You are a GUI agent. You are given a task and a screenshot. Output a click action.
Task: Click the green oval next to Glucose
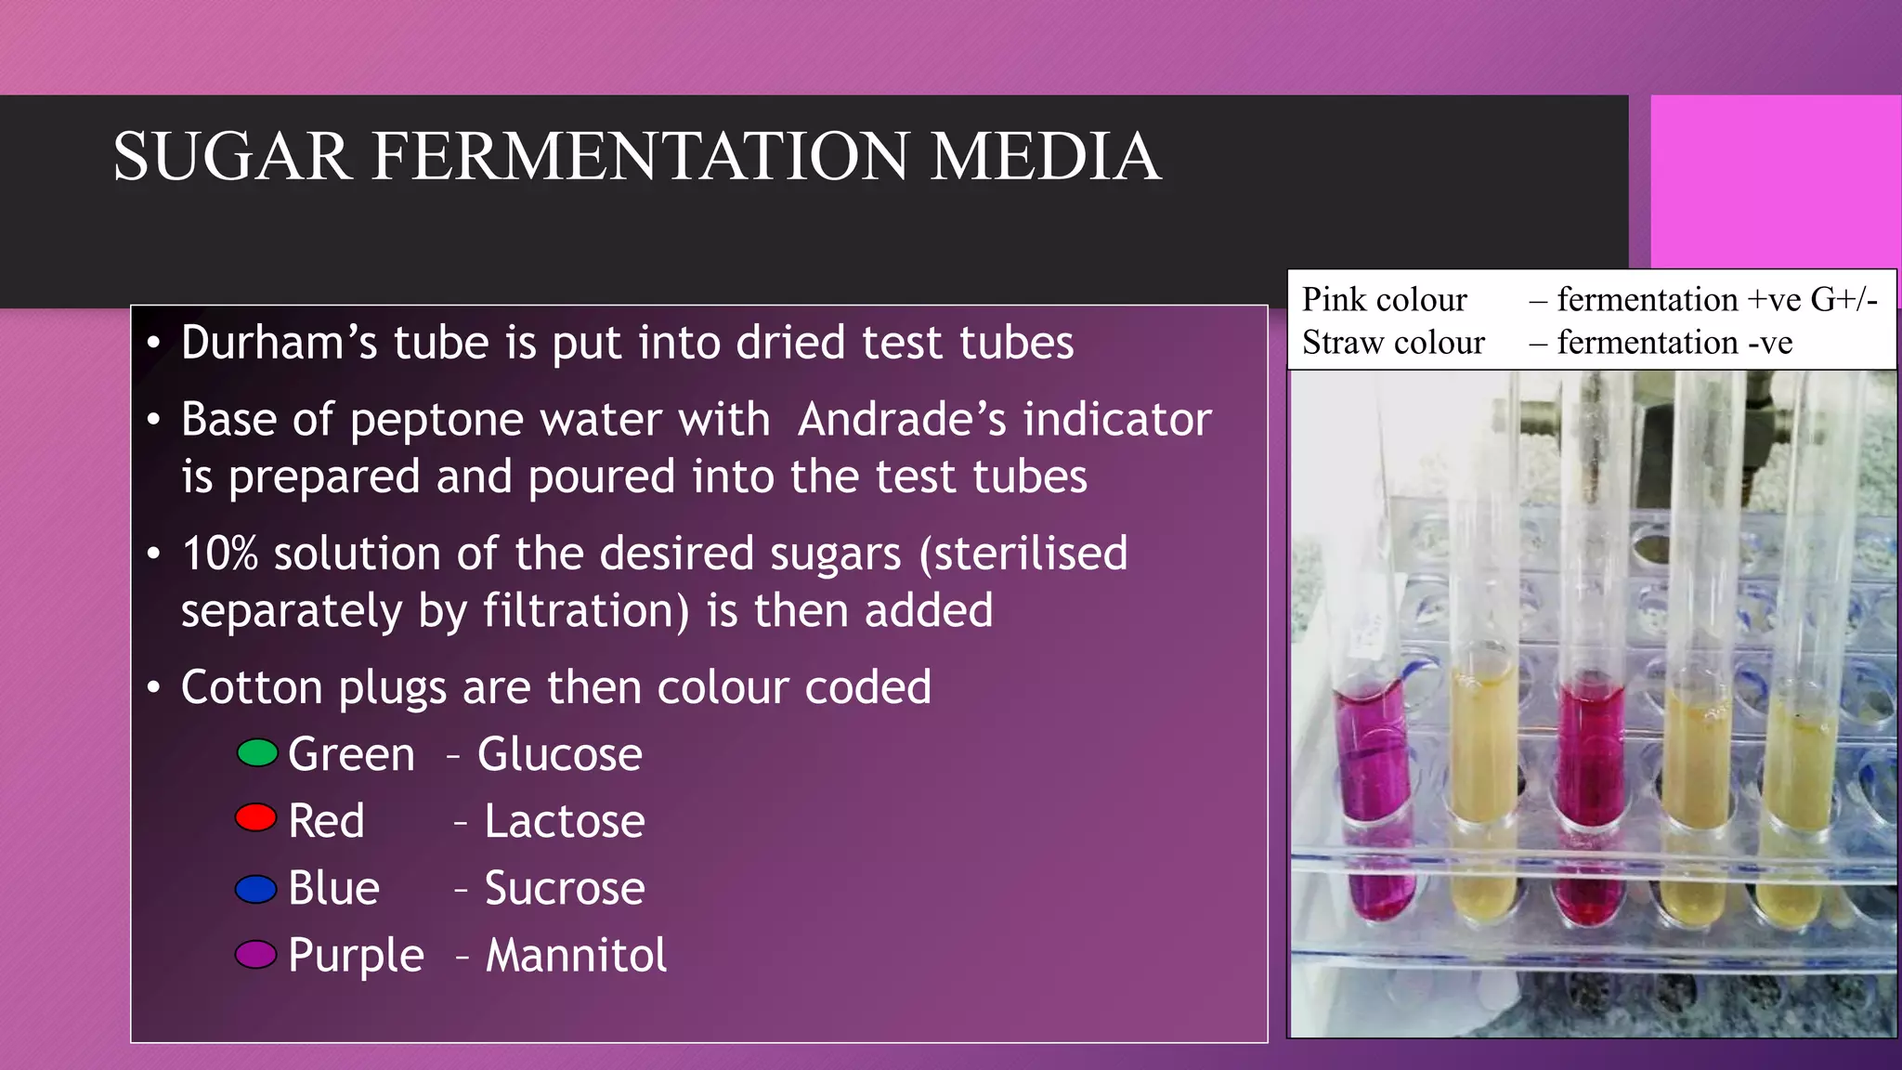pyautogui.click(x=257, y=752)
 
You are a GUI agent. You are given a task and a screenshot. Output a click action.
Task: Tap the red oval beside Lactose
pyautogui.click(x=255, y=818)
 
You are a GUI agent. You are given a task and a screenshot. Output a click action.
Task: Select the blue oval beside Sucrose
pyautogui.click(x=255, y=889)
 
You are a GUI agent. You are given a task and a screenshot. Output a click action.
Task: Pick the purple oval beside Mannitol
pyautogui.click(x=255, y=954)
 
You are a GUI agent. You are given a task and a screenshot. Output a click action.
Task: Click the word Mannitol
pyautogui.click(x=576, y=955)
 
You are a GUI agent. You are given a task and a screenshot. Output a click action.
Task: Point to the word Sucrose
pyautogui.click(x=564, y=888)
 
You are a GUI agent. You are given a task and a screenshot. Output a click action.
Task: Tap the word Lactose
pyautogui.click(x=564, y=821)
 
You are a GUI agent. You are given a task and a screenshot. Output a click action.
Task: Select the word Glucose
pyautogui.click(x=559, y=753)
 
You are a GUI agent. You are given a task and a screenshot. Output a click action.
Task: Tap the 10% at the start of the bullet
pyautogui.click(x=219, y=554)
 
